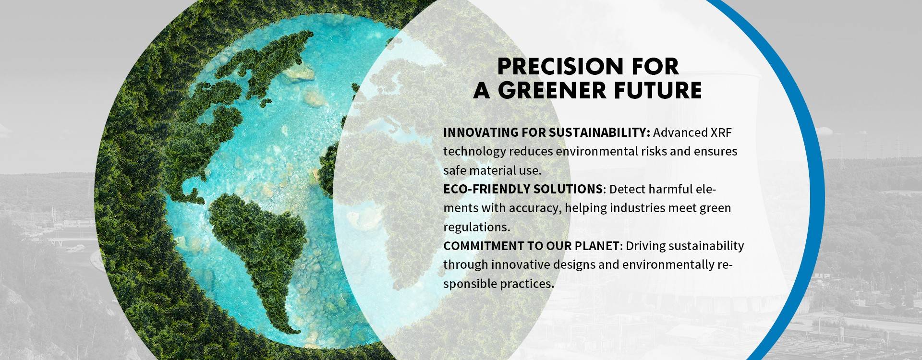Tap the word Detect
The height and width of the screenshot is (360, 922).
pyautogui.click(x=627, y=189)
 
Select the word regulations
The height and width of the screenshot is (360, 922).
pyautogui.click(x=476, y=227)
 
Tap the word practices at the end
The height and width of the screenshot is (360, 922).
pyautogui.click(x=527, y=284)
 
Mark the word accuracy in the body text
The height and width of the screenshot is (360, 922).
pyautogui.click(x=535, y=209)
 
